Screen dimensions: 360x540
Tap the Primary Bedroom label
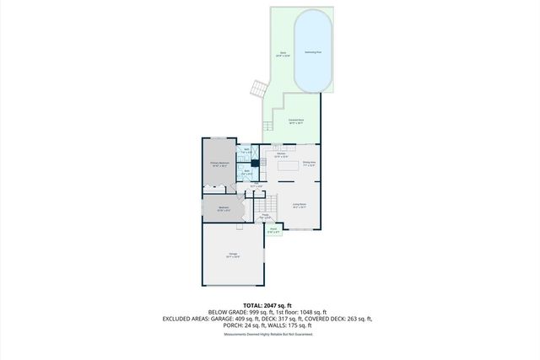click(219, 166)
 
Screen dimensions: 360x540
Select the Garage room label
click(232, 255)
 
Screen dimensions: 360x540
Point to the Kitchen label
click(282, 155)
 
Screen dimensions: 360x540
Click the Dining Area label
click(309, 163)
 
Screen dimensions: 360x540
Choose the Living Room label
click(299, 205)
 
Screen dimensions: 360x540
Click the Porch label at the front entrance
click(273, 229)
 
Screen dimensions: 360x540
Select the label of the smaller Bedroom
click(224, 209)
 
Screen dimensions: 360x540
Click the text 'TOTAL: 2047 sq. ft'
click(267, 304)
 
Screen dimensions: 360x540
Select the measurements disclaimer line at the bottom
click(268, 336)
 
